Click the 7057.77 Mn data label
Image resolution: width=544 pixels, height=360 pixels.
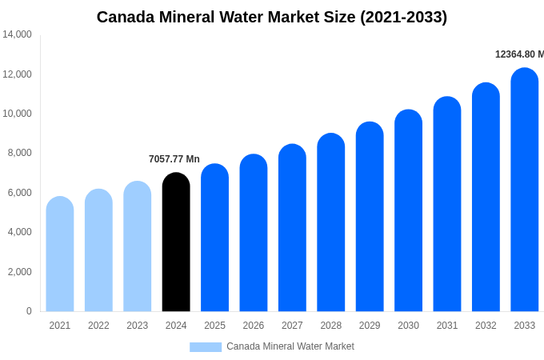[x=174, y=159]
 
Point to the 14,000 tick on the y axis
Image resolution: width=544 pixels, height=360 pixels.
[x=17, y=34]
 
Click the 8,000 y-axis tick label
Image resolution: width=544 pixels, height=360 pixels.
[x=17, y=153]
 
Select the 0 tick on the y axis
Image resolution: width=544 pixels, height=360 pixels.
[x=29, y=311]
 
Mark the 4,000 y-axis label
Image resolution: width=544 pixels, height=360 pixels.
[x=17, y=232]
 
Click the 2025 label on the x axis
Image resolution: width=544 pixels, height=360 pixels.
[x=214, y=326]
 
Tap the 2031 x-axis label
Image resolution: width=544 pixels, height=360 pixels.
[x=447, y=326]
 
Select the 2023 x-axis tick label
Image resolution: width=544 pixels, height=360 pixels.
[x=138, y=326]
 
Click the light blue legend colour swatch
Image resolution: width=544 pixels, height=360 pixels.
[x=206, y=347]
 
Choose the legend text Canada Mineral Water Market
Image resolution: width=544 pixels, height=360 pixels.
[x=290, y=346]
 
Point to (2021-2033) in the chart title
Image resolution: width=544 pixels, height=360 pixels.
[x=404, y=17]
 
